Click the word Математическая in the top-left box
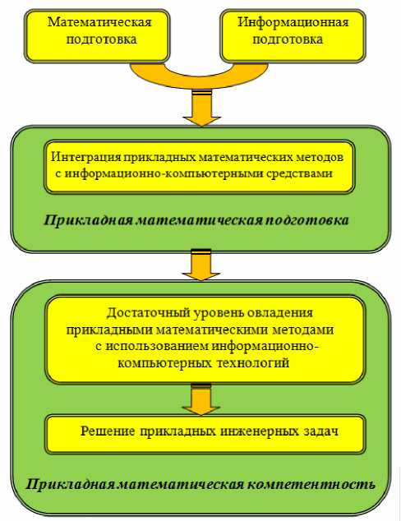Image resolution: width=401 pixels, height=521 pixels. (99, 22)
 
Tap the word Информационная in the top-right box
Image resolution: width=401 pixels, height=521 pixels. (293, 22)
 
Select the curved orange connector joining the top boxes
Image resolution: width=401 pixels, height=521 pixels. (199, 76)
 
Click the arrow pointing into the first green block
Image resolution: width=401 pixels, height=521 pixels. (201, 108)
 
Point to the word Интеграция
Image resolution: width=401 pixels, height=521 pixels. (86, 157)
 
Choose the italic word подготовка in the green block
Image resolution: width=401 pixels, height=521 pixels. (308, 220)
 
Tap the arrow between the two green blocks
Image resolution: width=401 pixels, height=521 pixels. (201, 265)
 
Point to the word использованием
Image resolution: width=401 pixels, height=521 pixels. (157, 346)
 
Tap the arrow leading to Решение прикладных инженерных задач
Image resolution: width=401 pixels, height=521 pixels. (201, 399)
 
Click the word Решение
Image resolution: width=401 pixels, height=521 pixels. (108, 431)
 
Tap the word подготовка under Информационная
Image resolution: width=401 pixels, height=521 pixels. (288, 39)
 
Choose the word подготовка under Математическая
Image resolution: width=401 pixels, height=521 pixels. (101, 39)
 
